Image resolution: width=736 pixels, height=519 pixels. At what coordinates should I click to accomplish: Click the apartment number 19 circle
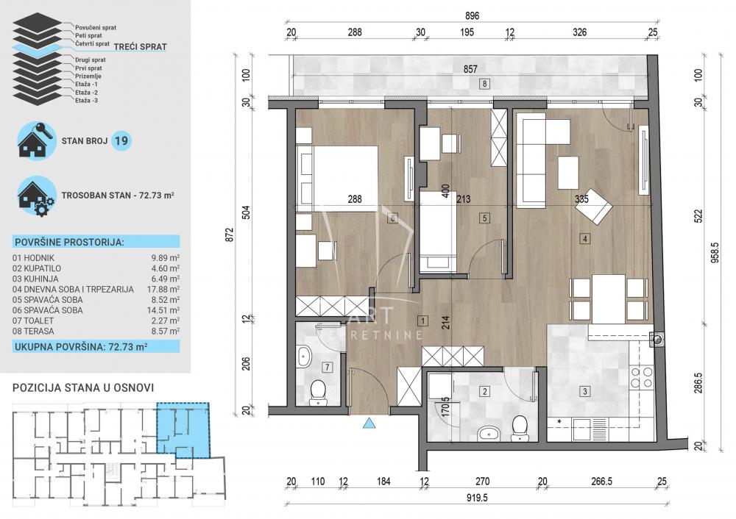pos(122,141)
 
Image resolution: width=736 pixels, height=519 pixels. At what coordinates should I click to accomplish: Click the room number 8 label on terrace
pos(484,83)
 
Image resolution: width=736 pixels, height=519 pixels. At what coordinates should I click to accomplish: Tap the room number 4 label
pos(584,238)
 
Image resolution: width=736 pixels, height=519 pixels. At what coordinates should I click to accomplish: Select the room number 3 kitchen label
pos(584,391)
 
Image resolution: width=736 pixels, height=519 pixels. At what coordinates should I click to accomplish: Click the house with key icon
pos(35,140)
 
